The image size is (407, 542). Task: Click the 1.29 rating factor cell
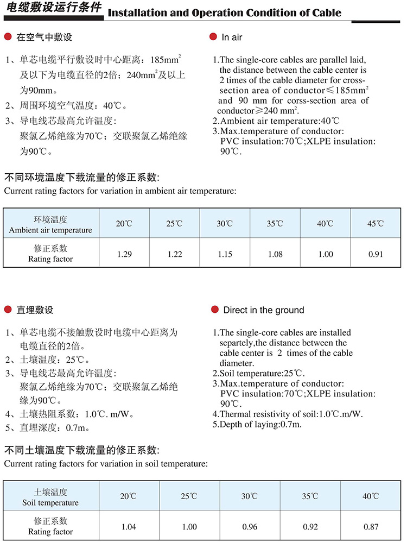coord(124,254)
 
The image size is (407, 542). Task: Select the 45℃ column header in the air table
coord(376,224)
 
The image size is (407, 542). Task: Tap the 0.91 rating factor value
coord(376,254)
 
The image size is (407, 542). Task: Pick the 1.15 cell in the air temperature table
coord(225,254)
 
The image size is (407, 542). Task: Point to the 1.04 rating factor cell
coord(129,526)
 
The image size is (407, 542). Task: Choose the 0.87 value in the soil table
coord(372,526)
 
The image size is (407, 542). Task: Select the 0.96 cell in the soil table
coord(250,526)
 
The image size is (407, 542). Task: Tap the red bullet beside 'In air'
coord(213,37)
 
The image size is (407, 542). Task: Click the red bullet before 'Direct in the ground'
coord(213,310)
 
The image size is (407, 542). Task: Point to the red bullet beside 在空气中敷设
coord(8,37)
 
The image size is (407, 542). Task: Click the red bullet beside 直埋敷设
coord(8,310)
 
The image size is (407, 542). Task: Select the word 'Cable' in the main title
coord(323,12)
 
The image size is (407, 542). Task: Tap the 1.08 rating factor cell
coord(276,254)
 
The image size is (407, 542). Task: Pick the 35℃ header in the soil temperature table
coord(311,496)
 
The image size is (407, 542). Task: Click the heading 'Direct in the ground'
coord(264,310)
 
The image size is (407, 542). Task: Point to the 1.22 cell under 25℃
coord(175,254)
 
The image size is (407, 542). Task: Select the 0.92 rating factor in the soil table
coord(311,526)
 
